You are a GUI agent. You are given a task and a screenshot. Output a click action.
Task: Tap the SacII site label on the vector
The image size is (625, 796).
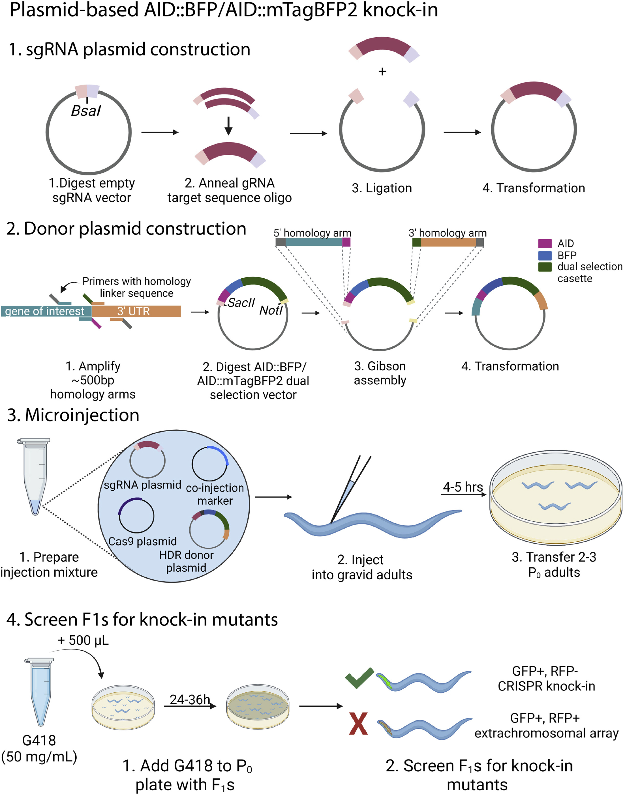241,303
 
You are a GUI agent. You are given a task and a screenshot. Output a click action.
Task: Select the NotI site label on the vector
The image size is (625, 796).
271,310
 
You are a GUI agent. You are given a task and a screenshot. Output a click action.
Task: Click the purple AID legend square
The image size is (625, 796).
545,244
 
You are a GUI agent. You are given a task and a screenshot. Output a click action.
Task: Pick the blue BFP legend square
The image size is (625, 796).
545,255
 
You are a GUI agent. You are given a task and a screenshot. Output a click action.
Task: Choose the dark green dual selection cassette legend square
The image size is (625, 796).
545,267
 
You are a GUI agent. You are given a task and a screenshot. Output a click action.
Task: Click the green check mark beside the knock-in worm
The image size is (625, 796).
359,678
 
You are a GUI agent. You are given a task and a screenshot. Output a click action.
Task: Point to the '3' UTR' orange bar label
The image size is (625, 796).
134,311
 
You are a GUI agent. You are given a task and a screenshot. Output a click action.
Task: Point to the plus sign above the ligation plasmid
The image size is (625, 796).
382,71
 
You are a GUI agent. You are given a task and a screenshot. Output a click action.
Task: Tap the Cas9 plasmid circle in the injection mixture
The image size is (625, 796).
136,516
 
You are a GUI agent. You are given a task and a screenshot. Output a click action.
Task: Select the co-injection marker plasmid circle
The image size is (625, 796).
210,464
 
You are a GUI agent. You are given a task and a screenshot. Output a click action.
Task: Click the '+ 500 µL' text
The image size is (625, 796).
83,640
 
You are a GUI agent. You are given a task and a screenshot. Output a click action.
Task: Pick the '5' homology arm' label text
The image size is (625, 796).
312,233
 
